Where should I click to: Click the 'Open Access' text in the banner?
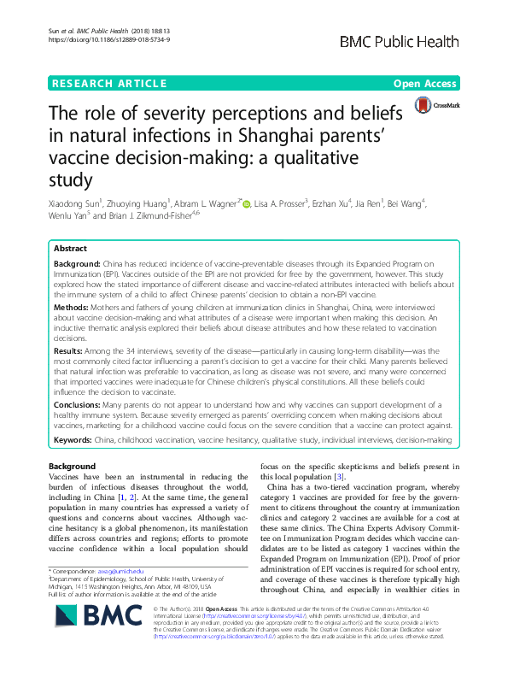[x=425, y=83]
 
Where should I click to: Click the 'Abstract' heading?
[x=71, y=247]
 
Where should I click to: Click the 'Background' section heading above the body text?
[x=73, y=465]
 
